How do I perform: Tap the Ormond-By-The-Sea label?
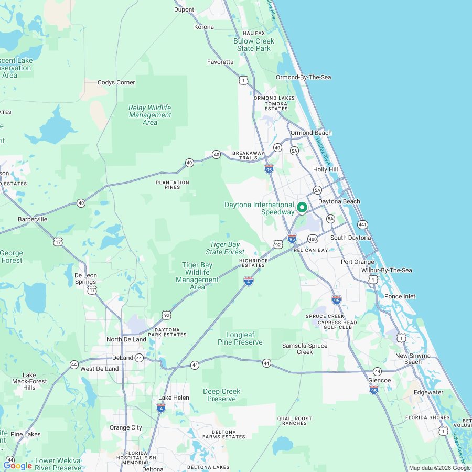[x=304, y=78]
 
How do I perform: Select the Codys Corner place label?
[x=116, y=82]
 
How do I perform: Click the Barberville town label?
[x=33, y=219]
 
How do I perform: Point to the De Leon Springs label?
[x=85, y=278]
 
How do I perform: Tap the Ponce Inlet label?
[x=400, y=296]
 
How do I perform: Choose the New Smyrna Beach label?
[x=413, y=359]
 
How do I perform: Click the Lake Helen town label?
[x=174, y=398]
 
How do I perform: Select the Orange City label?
[x=126, y=427]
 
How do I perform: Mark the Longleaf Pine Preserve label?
[x=240, y=338]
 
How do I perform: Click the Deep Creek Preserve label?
[x=222, y=395]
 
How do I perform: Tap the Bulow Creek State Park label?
[x=254, y=45]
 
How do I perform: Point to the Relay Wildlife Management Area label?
[x=150, y=115]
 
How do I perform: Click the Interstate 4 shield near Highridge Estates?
[x=249, y=282]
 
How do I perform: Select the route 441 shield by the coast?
[x=362, y=224]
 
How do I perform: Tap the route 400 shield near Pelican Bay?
[x=313, y=239]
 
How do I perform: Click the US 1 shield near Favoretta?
[x=243, y=80]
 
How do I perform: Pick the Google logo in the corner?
[x=18, y=466]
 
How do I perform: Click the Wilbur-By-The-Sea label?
[x=387, y=270]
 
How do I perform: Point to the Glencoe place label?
[x=379, y=380]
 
